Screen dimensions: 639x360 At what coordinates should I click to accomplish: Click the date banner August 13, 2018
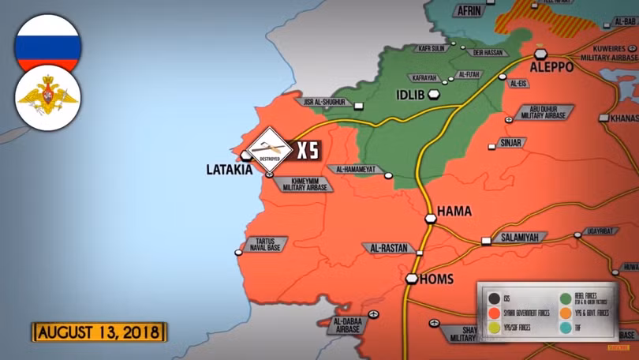coord(99,331)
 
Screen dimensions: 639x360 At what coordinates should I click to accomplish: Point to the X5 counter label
coord(308,149)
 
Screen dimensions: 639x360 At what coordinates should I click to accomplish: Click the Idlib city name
coord(411,96)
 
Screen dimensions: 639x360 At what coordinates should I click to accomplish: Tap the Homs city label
coord(436,279)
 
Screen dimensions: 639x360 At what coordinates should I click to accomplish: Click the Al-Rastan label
coord(387,248)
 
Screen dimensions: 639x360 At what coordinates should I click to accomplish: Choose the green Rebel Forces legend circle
coord(565,298)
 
